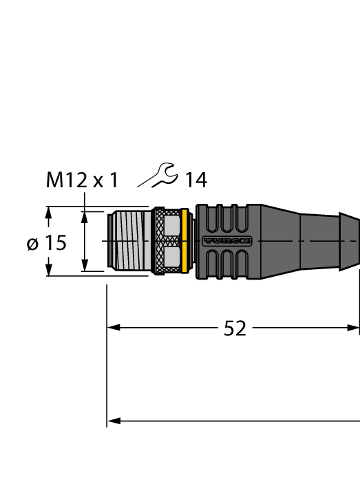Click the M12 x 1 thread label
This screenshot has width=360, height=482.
pyautogui.click(x=82, y=180)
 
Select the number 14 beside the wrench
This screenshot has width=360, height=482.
pyautogui.click(x=195, y=180)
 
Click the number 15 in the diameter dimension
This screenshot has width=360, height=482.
pyautogui.click(x=56, y=242)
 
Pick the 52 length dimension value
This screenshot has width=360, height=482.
pyautogui.click(x=235, y=329)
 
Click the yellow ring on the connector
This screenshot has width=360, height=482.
pyautogui.click(x=184, y=241)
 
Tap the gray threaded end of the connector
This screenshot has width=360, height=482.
pyautogui.click(x=129, y=241)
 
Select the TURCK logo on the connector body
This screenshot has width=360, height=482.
pyautogui.click(x=227, y=241)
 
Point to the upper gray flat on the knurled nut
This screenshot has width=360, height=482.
pyautogui.click(x=173, y=224)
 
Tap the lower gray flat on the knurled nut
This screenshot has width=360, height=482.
pyautogui.click(x=173, y=258)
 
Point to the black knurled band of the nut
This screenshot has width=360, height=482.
pyautogui.click(x=159, y=241)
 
